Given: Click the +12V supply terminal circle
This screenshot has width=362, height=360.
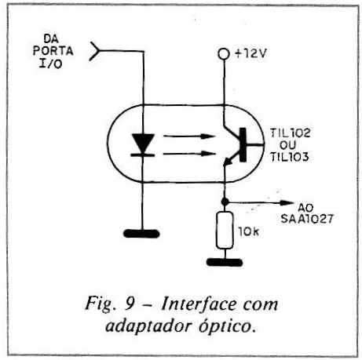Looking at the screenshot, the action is (x=223, y=54).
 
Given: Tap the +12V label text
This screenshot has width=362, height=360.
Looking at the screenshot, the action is (x=250, y=53).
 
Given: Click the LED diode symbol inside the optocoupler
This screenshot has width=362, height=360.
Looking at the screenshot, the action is (x=143, y=145).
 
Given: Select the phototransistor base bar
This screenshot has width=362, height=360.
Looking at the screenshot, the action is (x=243, y=144).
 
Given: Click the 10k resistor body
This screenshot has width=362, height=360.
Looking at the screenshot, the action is (x=225, y=230).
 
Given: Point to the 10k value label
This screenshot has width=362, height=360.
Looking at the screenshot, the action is (x=248, y=231).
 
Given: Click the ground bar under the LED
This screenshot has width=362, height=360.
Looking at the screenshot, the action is (x=141, y=234).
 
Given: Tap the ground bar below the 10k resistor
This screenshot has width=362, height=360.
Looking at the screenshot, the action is (x=225, y=262).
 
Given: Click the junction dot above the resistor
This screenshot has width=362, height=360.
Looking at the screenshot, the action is (x=225, y=202).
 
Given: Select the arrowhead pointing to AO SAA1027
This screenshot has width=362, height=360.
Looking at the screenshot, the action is (x=287, y=202).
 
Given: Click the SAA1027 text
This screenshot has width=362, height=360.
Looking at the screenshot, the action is (x=307, y=219).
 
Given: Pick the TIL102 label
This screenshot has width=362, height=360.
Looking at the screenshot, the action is (x=290, y=133).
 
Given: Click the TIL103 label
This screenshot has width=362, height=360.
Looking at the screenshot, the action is (x=290, y=157).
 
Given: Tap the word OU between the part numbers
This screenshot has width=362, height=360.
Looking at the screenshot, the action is (x=287, y=145).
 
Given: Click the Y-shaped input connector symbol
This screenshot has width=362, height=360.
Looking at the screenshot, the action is (x=94, y=51).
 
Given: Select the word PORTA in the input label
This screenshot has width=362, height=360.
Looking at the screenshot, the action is (x=53, y=51).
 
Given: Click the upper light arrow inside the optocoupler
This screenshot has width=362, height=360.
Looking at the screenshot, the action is (x=189, y=136).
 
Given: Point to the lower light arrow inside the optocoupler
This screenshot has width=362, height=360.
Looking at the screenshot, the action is (x=189, y=154).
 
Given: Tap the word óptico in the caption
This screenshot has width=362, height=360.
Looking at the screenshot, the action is (x=227, y=325).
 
